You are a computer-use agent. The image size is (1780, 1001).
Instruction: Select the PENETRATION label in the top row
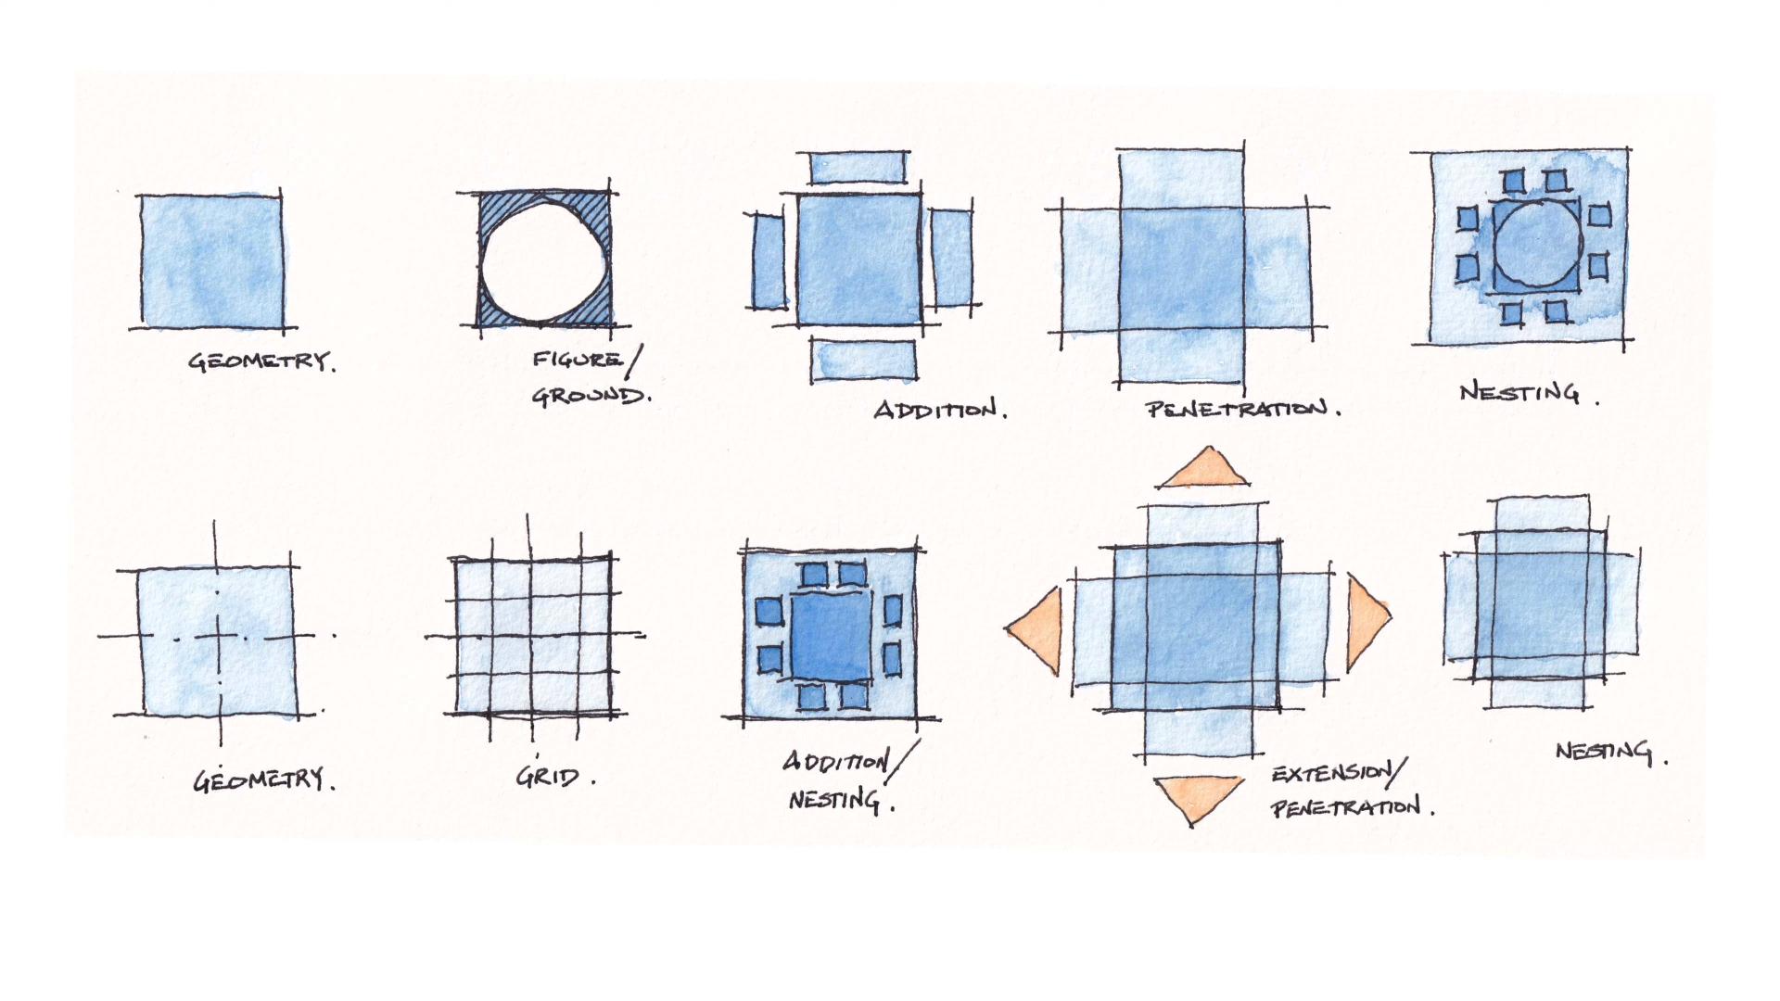(x=1239, y=408)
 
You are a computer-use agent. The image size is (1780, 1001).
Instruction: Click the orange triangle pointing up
(x=1204, y=469)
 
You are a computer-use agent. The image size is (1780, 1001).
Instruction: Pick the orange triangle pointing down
(x=1198, y=797)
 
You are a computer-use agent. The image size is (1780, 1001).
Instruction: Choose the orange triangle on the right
(x=1365, y=619)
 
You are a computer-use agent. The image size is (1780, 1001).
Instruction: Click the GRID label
(x=548, y=777)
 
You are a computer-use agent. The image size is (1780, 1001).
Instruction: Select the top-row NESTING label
(x=1519, y=392)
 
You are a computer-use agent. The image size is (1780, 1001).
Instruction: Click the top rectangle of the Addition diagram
(x=858, y=169)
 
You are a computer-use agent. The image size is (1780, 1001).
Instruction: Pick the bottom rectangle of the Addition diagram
(x=864, y=361)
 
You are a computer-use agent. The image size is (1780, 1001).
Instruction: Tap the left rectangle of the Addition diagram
(x=769, y=261)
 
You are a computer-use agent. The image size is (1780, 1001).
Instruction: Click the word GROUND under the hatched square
(x=587, y=396)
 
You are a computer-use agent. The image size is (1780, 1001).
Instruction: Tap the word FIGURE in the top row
(x=577, y=360)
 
